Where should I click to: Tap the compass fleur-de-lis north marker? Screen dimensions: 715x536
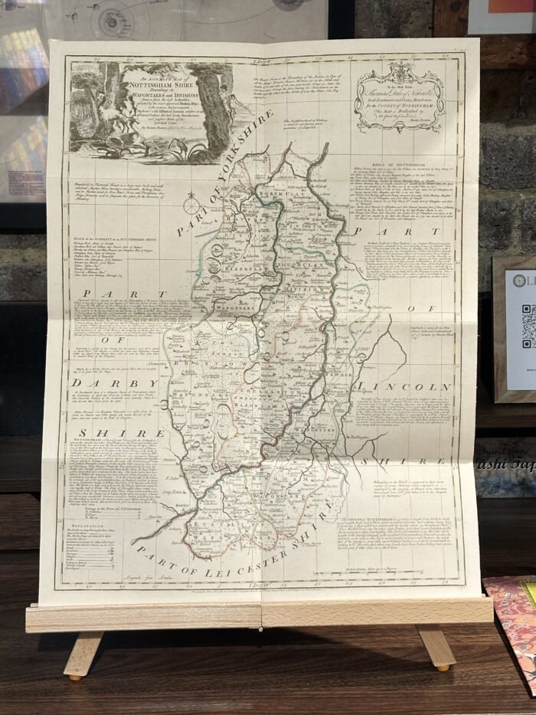191,205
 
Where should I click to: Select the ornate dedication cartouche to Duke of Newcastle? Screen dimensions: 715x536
399,97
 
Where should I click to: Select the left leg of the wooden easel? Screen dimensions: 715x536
81,654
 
